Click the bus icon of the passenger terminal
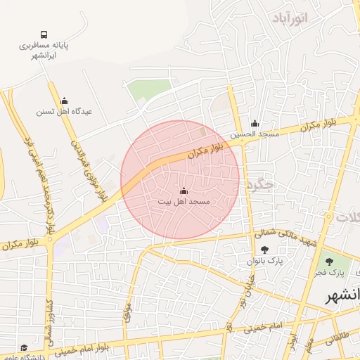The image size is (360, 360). click(x=44, y=34)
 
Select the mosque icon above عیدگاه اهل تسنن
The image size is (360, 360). click(x=65, y=101)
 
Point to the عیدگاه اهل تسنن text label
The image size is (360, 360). click(x=65, y=111)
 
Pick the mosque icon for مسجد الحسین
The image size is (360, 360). click(x=255, y=124)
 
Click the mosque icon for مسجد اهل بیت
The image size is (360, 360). click(x=184, y=191)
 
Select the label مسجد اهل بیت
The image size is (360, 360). click(x=184, y=201)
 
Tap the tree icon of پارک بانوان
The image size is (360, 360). click(x=264, y=250)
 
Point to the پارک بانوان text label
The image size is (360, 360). click(x=264, y=260)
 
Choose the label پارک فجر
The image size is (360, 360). click(x=346, y=271)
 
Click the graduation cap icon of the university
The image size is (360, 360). click(x=23, y=348)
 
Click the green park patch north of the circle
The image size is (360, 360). click(x=148, y=89)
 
